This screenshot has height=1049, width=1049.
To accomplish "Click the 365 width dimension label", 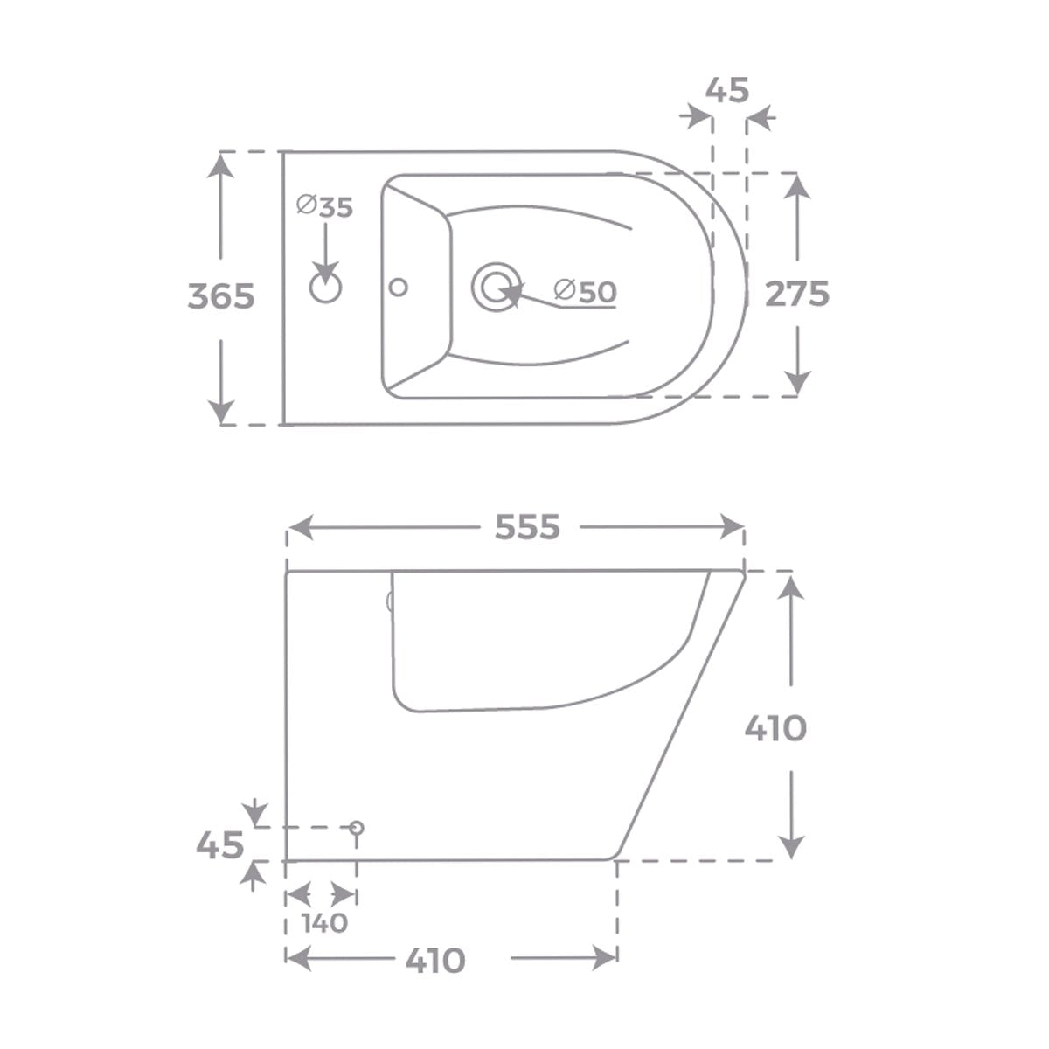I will tap(221, 297).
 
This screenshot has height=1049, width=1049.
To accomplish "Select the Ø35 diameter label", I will tap(324, 207).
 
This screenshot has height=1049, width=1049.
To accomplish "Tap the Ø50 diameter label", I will tap(586, 291).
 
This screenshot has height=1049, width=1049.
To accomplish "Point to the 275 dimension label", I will tap(797, 295).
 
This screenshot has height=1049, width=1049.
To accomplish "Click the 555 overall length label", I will tap(527, 527).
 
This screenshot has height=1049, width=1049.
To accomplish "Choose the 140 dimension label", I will tap(324, 923).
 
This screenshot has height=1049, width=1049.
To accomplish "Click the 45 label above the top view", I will tap(727, 89).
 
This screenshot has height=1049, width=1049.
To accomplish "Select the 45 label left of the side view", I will tap(219, 845).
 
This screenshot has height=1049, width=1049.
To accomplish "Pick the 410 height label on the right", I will tap(775, 727).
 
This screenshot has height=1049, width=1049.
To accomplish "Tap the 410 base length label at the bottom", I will tap(435, 961).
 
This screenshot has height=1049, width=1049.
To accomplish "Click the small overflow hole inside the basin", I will tap(399, 287).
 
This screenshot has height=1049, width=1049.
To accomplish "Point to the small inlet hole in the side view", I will tap(356, 827).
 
